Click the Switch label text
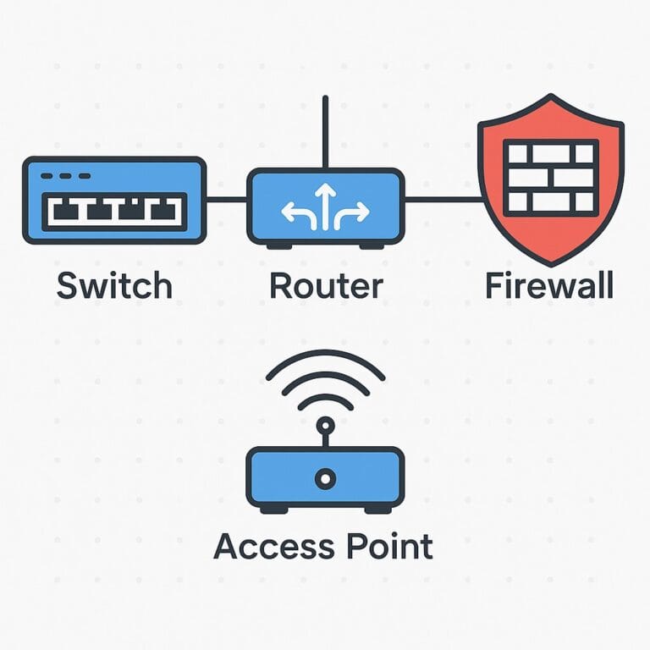(x=114, y=286)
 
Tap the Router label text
(x=325, y=286)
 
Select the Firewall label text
(x=549, y=286)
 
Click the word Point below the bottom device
(x=384, y=546)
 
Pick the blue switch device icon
(x=114, y=200)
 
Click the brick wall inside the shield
(x=550, y=176)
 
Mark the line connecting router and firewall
(x=442, y=201)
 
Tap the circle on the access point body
(x=325, y=479)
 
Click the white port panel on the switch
(x=114, y=211)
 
